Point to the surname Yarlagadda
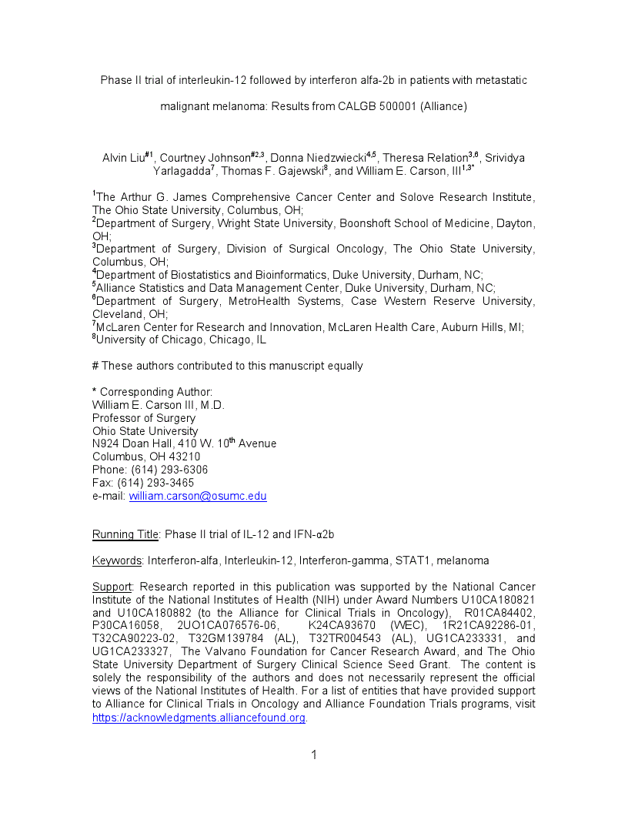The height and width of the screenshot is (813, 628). click(x=182, y=171)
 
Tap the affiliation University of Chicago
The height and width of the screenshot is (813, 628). click(x=146, y=340)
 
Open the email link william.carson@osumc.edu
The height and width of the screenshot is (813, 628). click(x=198, y=497)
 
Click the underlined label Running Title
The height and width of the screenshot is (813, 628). click(x=125, y=534)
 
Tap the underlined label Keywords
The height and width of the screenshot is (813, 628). click(x=117, y=560)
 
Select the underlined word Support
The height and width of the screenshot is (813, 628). click(x=112, y=587)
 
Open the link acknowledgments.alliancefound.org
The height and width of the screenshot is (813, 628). click(x=199, y=718)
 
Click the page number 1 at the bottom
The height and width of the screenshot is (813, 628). click(x=314, y=755)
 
